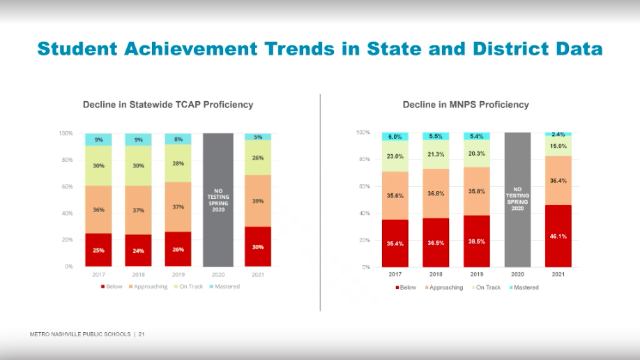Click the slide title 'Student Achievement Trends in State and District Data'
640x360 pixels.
(x=319, y=49)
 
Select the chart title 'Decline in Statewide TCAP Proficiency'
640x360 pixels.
(x=168, y=105)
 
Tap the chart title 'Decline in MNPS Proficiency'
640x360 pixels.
(x=466, y=105)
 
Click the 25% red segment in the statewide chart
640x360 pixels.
(x=98, y=250)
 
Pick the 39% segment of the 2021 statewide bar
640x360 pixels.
(x=258, y=201)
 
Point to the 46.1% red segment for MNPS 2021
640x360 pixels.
(x=558, y=237)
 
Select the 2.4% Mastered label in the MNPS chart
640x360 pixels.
(x=558, y=134)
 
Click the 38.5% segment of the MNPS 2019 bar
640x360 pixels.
(x=477, y=241)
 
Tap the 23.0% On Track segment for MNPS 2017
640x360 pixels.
(x=395, y=156)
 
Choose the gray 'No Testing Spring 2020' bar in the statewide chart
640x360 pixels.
(x=218, y=200)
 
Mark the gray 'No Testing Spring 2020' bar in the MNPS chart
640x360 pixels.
(x=517, y=200)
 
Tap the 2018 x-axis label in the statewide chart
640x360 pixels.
(x=138, y=275)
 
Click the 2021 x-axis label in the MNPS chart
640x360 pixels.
(x=558, y=275)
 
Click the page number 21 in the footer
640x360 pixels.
(x=142, y=335)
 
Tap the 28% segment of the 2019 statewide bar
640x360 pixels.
(x=178, y=163)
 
